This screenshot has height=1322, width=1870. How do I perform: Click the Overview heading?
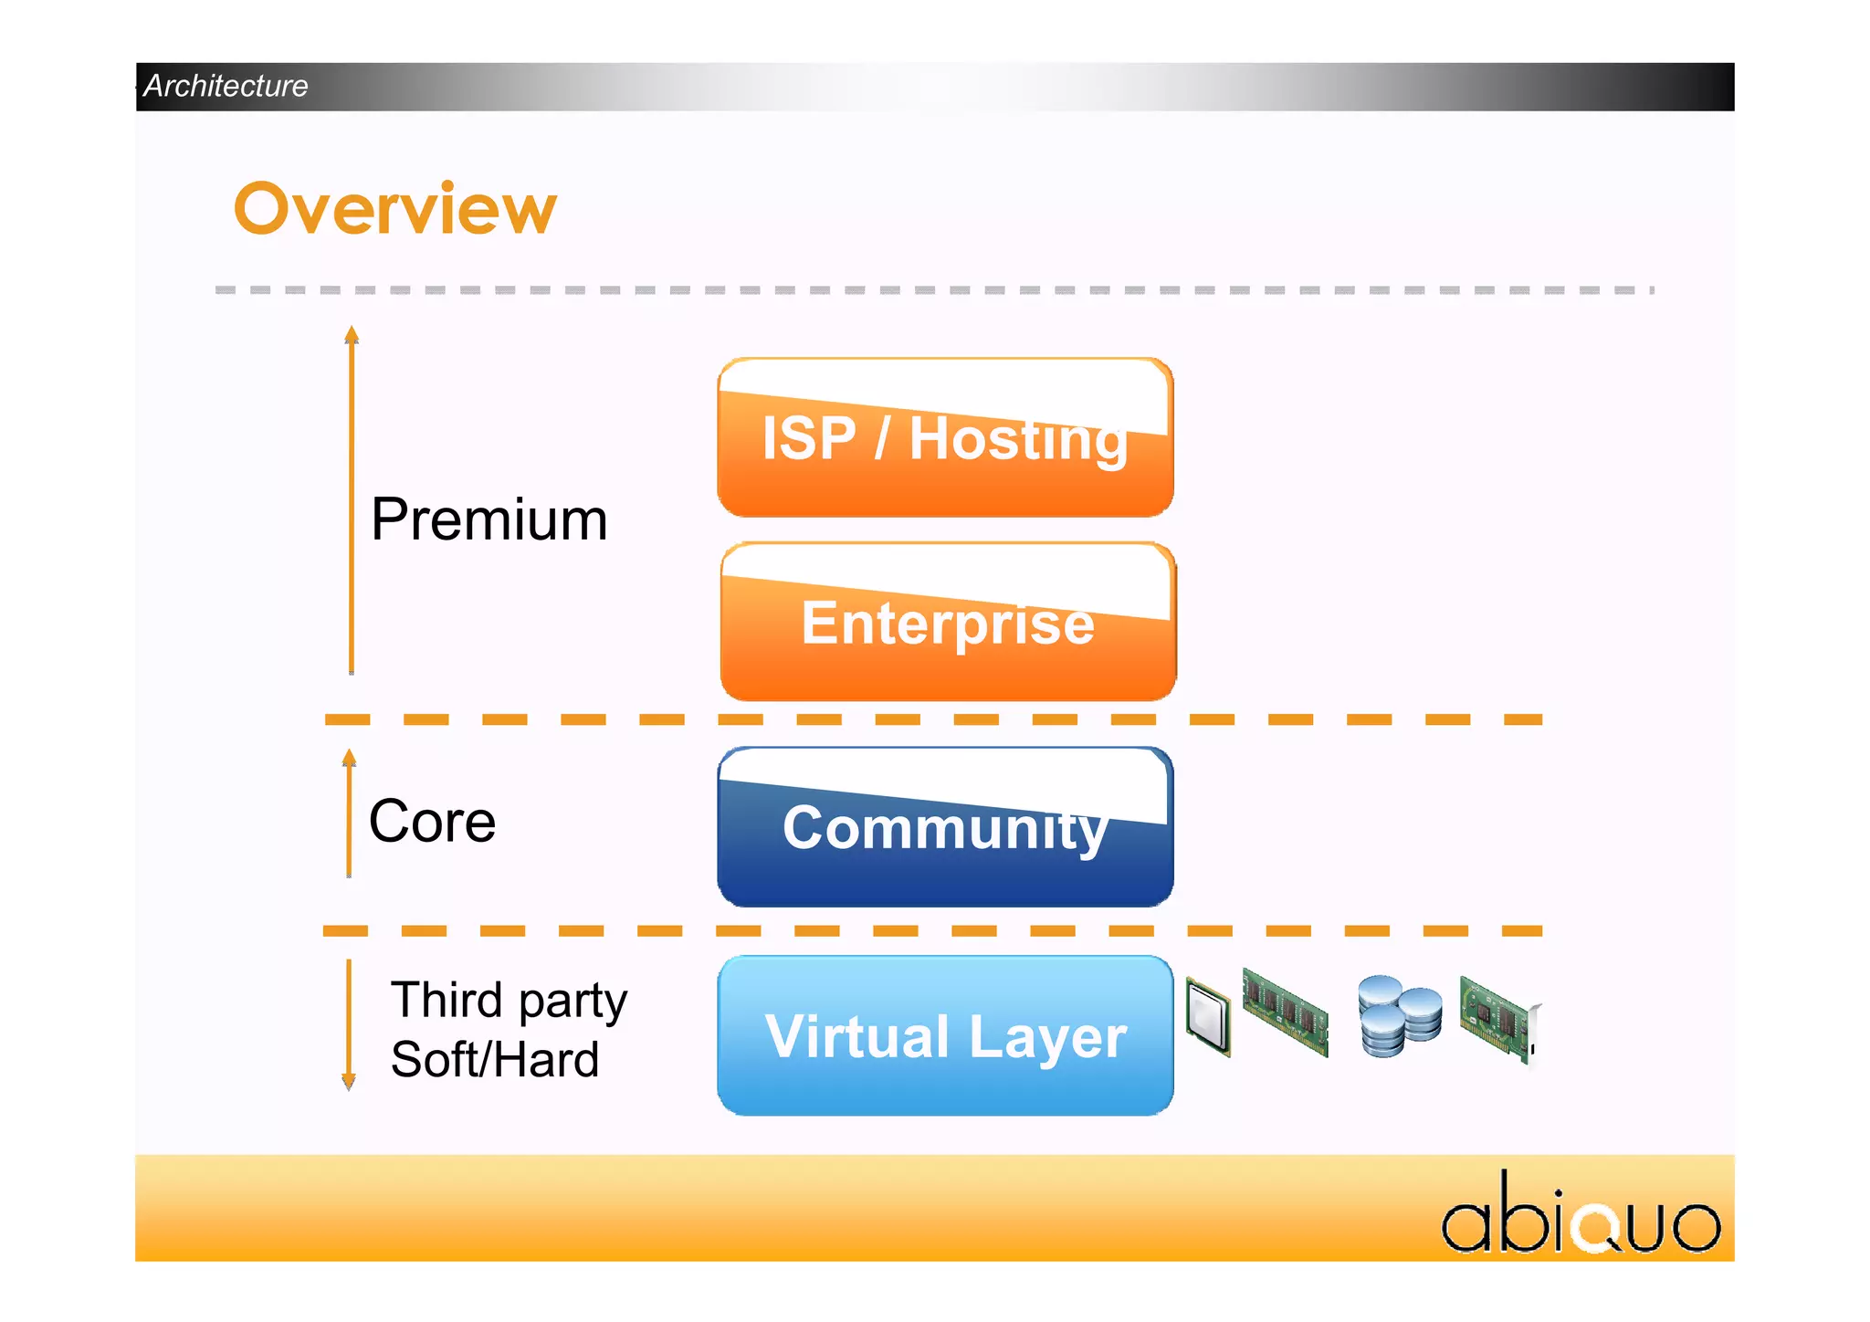[394, 208]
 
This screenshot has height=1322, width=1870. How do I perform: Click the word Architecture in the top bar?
[226, 86]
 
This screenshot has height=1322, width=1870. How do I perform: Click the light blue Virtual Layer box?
[945, 1035]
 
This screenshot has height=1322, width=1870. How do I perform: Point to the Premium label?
[489, 519]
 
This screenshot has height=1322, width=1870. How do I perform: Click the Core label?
[432, 821]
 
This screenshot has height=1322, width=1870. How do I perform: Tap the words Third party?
[509, 1000]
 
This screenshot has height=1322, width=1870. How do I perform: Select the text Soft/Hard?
[494, 1060]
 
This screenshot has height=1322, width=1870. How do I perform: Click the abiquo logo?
[1580, 1215]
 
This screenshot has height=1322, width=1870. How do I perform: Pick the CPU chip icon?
[1208, 1016]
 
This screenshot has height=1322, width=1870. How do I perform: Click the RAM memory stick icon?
[1285, 1012]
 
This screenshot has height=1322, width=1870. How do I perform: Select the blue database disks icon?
[1398, 1015]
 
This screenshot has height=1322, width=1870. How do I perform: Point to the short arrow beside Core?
[349, 813]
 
